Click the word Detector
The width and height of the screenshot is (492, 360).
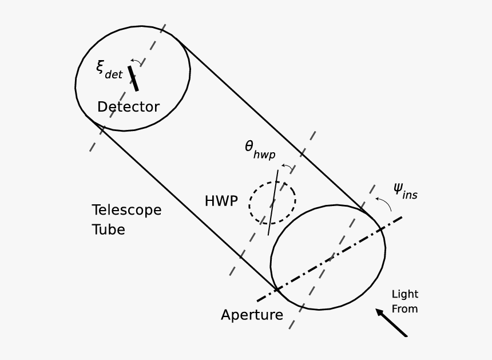(128, 107)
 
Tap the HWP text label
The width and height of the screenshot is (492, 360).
(221, 201)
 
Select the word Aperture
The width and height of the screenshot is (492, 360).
(252, 315)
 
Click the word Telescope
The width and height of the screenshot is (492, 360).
(126, 211)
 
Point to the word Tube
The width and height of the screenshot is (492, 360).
(108, 230)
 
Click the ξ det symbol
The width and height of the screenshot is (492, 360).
(108, 69)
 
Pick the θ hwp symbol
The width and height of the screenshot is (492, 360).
(259, 150)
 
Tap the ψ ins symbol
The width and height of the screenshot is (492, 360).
(405, 191)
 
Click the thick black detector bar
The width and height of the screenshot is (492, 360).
(133, 78)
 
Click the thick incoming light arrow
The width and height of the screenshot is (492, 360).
(392, 323)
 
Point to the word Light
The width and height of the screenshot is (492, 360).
(404, 294)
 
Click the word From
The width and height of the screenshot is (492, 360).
(404, 309)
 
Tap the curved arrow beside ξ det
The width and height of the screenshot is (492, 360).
(137, 60)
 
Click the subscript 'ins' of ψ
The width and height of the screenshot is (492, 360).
(410, 195)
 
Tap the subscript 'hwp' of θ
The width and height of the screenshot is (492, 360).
(264, 155)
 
